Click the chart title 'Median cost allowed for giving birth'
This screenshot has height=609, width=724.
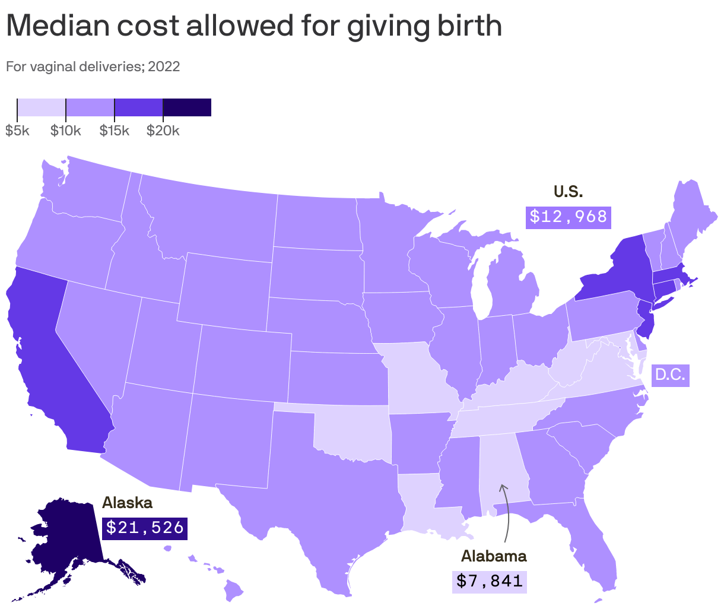point(254,26)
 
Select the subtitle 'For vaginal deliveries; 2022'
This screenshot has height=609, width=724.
point(93,66)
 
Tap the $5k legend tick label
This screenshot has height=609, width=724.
point(17,131)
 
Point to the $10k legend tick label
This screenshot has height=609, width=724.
point(65,131)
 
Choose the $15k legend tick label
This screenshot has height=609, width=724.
point(114,131)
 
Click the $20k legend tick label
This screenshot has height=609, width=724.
point(163,131)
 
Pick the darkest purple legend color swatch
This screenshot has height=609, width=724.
point(187,107)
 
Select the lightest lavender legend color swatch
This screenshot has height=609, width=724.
point(42,107)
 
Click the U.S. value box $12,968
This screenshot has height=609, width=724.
point(569,217)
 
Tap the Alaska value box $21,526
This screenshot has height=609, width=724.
point(145,527)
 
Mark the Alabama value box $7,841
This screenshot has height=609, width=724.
point(489,580)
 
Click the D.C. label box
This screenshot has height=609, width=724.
point(670,375)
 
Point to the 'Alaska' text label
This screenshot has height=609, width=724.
point(128,503)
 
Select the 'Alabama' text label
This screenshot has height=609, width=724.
point(494,556)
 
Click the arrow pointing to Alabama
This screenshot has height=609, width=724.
point(506,510)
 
